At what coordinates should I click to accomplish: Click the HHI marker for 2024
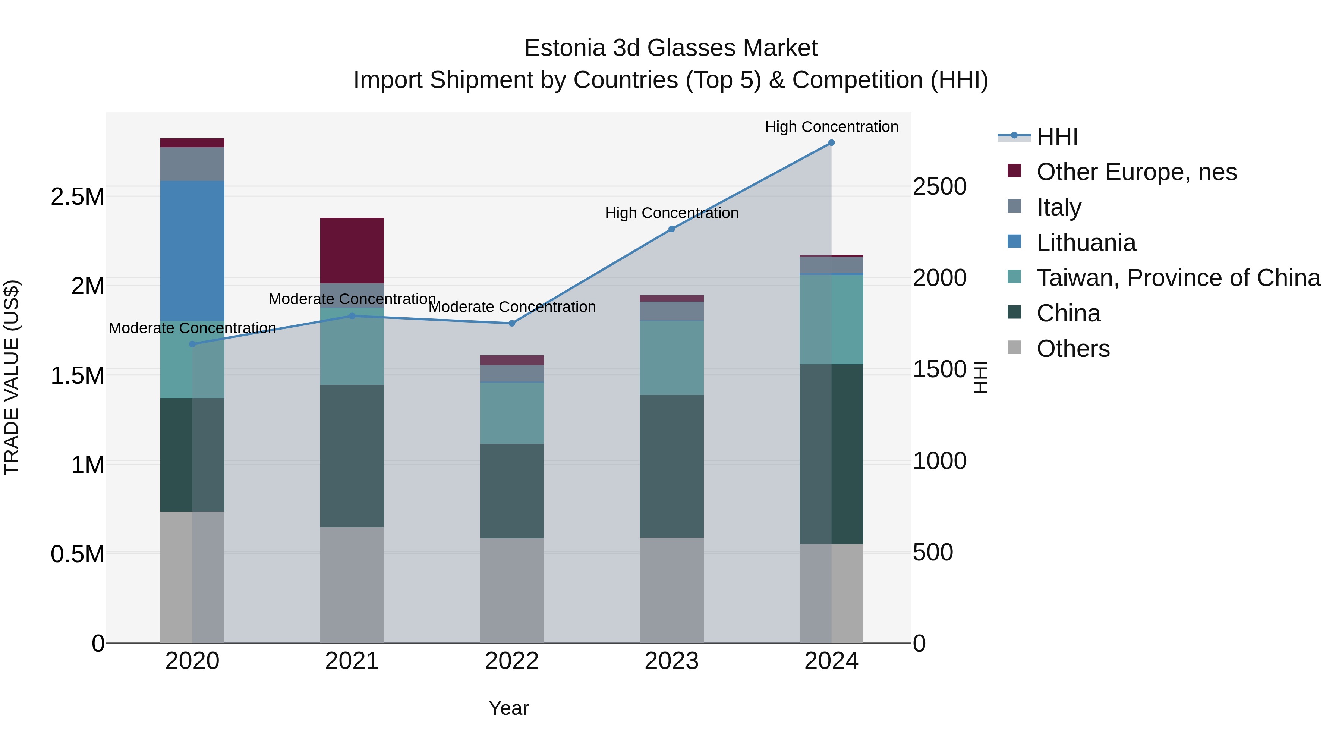click(x=831, y=143)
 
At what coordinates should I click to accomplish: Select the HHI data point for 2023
click(x=671, y=229)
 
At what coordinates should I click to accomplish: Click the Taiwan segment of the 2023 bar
click(x=671, y=358)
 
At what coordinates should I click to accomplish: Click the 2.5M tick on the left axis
click(x=78, y=197)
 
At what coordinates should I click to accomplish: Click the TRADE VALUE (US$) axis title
click(x=12, y=377)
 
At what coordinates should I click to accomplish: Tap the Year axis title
click(x=508, y=708)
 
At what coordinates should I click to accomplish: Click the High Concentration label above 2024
click(x=831, y=127)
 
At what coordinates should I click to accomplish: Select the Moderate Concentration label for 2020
click(x=192, y=328)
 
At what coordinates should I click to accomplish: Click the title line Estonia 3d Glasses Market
click(x=671, y=48)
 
